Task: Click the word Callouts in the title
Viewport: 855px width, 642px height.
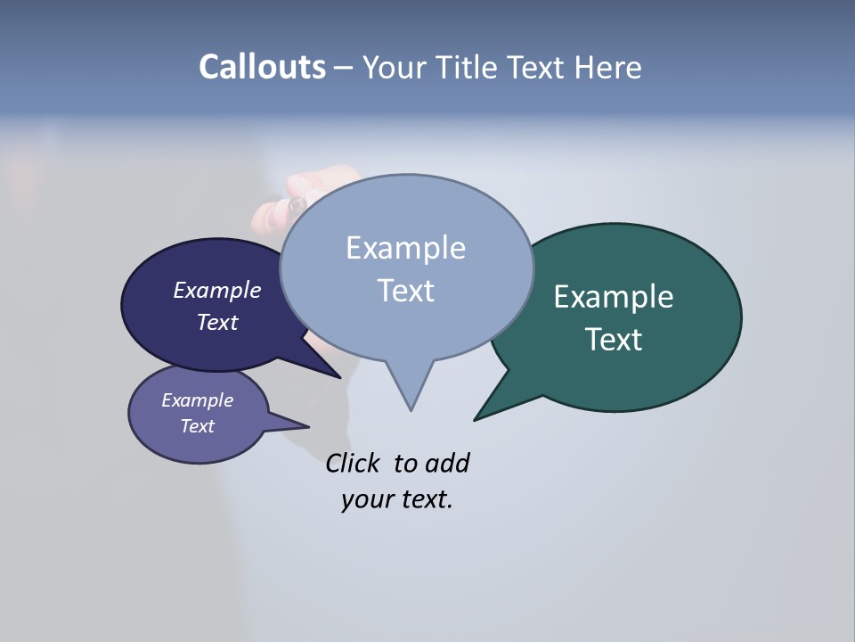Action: coord(262,67)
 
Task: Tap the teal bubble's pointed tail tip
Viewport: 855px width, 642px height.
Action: coord(475,419)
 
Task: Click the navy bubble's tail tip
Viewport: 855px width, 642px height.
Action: coord(339,377)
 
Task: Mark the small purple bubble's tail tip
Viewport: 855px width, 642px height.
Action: coord(308,426)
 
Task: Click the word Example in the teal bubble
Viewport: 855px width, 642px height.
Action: coord(613,297)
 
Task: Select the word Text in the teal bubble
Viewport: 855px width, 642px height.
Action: coord(614,340)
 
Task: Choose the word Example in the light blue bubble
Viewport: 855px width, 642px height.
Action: coord(405,248)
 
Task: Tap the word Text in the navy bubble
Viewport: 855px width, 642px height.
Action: coord(217,322)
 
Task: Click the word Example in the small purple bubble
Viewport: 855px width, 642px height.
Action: coord(197,400)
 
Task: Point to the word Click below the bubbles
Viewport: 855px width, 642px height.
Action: coord(352,463)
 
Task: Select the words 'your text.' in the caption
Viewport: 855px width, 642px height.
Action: coord(396,499)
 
